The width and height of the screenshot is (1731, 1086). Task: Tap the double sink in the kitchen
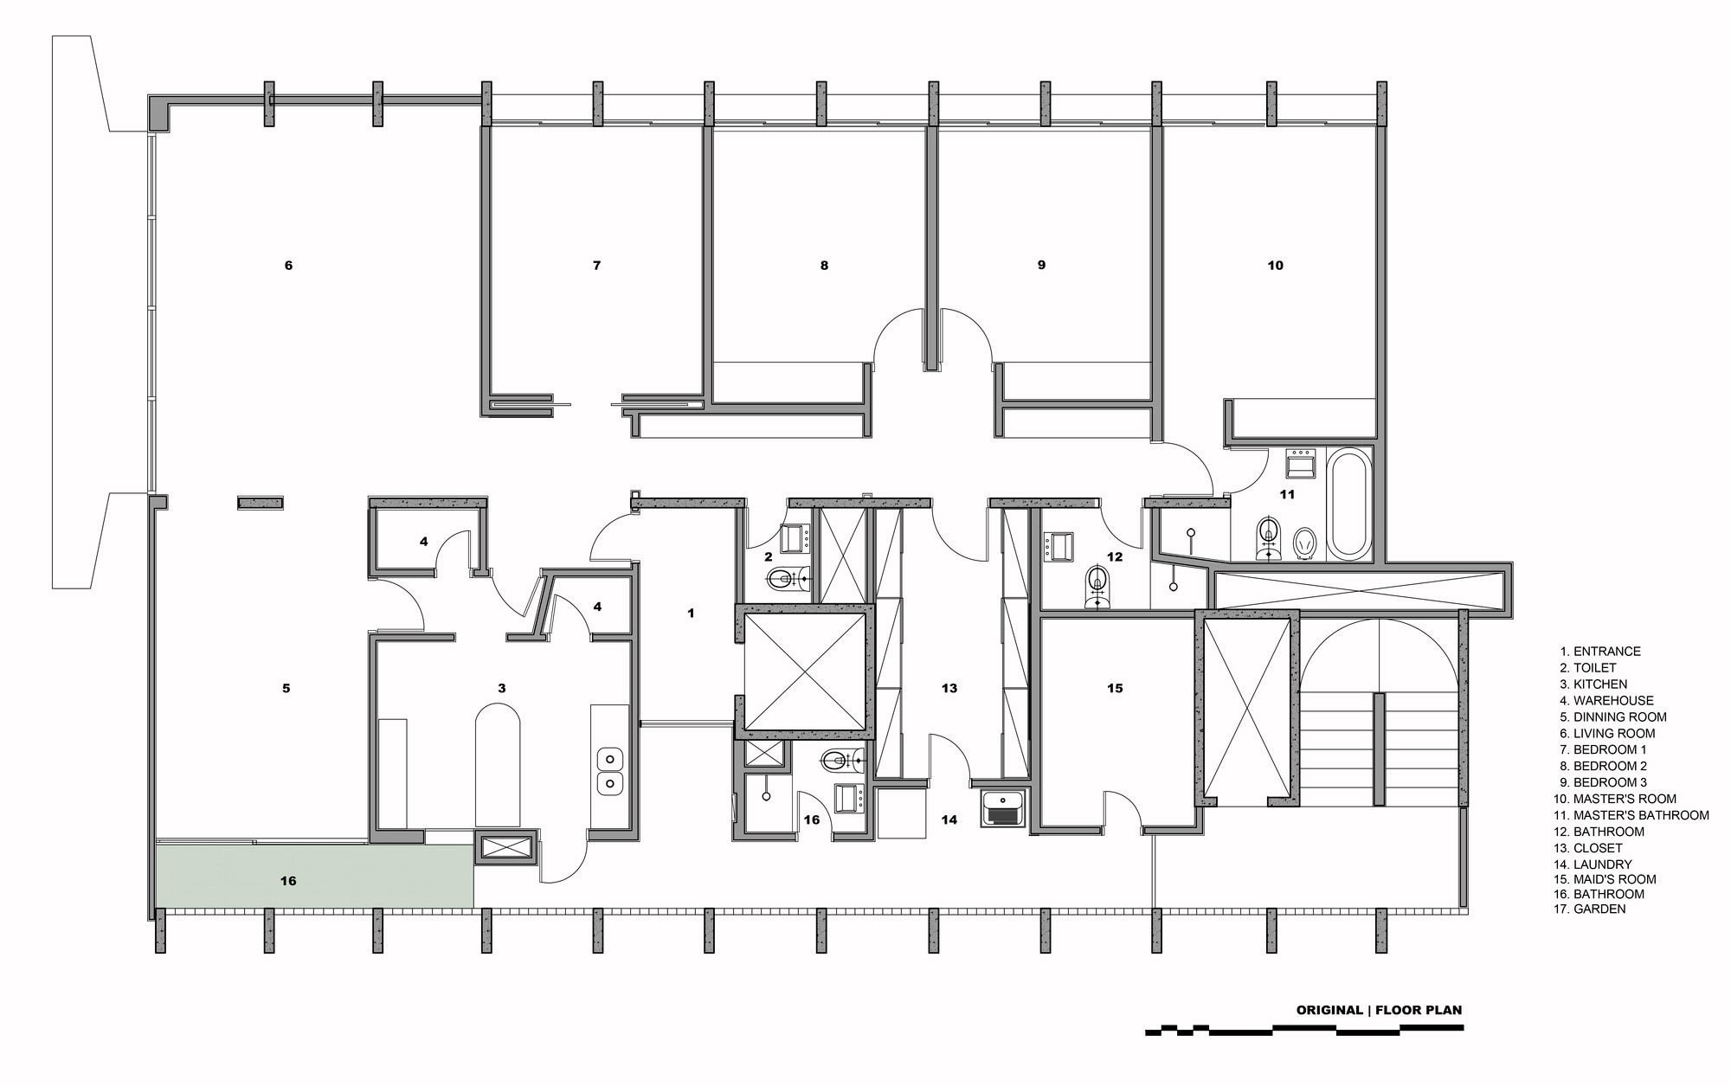[609, 771]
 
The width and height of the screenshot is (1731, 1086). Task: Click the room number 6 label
[288, 266]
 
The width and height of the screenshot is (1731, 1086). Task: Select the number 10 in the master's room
[1276, 266]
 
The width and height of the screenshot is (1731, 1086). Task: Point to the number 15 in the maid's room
[1115, 689]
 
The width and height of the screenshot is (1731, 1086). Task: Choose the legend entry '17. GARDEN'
[1590, 909]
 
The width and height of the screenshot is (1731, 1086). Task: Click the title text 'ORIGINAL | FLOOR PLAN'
[1379, 1010]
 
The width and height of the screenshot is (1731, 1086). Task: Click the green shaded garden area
[315, 876]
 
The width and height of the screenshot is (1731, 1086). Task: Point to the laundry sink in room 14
[1004, 808]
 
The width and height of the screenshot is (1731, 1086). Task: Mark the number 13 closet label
[949, 689]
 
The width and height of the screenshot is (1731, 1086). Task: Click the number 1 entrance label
[691, 614]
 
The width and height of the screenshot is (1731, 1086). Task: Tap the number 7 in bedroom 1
[596, 266]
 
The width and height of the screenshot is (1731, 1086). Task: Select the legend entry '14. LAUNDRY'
[1593, 864]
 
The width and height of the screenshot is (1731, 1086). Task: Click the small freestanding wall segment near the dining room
[261, 502]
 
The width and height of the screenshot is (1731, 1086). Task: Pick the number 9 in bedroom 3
[1041, 266]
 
